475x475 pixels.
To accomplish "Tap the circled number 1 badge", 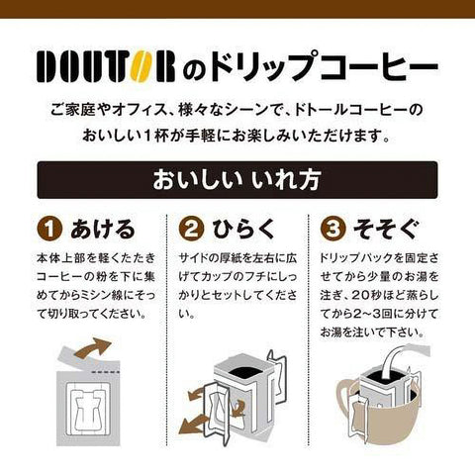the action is [x=49, y=229].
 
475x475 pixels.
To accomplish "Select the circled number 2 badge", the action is [x=191, y=229].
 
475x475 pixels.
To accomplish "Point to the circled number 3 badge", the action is [x=332, y=229].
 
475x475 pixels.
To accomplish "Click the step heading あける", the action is [x=103, y=229].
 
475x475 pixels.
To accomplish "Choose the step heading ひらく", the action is [x=243, y=229].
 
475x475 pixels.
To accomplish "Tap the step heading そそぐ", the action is [x=386, y=229].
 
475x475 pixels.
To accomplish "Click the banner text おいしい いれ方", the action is [x=237, y=180].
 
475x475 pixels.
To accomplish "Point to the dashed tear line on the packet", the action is [x=105, y=372].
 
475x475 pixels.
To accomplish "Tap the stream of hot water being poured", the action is [x=393, y=359].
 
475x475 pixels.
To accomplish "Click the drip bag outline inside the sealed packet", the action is [x=89, y=408].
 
